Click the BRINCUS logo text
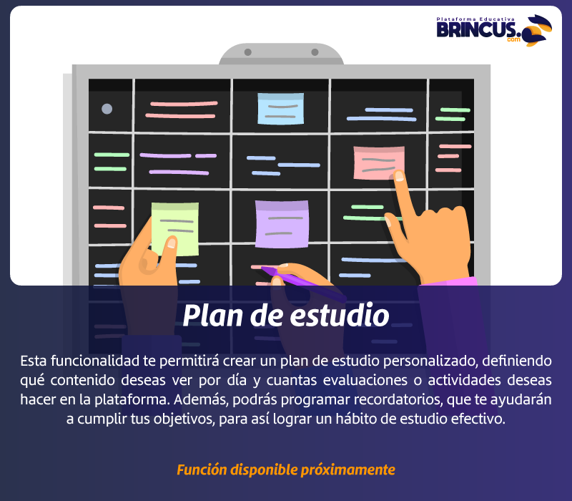(x=476, y=29)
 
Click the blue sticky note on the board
(x=280, y=109)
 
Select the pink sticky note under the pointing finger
(x=379, y=162)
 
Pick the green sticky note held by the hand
(x=175, y=228)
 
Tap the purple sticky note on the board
(x=282, y=224)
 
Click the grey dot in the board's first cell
(x=107, y=109)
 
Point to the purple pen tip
(x=262, y=268)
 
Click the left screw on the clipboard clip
(x=247, y=52)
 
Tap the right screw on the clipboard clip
(x=315, y=52)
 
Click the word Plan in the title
(x=213, y=315)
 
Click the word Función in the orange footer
(x=202, y=470)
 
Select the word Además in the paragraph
(x=201, y=399)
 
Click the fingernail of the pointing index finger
(x=400, y=175)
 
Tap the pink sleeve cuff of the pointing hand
(x=449, y=281)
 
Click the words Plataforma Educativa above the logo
(x=475, y=19)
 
